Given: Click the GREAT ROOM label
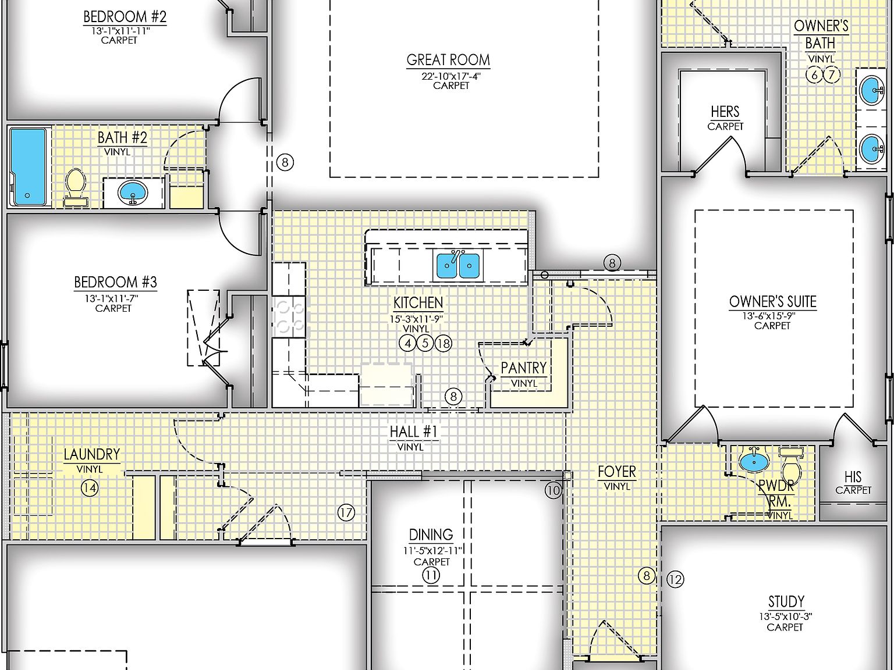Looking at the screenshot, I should point(448,60).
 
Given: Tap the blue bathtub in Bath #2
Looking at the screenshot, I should point(27,167).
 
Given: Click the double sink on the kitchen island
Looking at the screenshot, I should point(458,266).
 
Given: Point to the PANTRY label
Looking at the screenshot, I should point(524,368).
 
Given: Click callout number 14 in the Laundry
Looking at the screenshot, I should point(89,488).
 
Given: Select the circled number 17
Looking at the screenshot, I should point(346,512).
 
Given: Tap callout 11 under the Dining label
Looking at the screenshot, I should point(431,576).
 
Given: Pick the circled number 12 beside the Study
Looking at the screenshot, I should point(675,579).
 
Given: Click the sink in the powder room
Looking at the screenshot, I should point(754,461).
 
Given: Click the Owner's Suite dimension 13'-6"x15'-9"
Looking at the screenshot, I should point(772,316).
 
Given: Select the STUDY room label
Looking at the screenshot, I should point(786,601).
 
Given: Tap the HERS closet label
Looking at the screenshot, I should point(725,112).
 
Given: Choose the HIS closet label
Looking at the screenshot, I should point(853,477).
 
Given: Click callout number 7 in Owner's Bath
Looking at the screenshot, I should point(831,74).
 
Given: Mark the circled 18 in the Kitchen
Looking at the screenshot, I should point(444,343).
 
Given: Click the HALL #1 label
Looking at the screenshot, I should point(413,432).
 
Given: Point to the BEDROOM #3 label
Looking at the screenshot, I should point(115,283).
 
